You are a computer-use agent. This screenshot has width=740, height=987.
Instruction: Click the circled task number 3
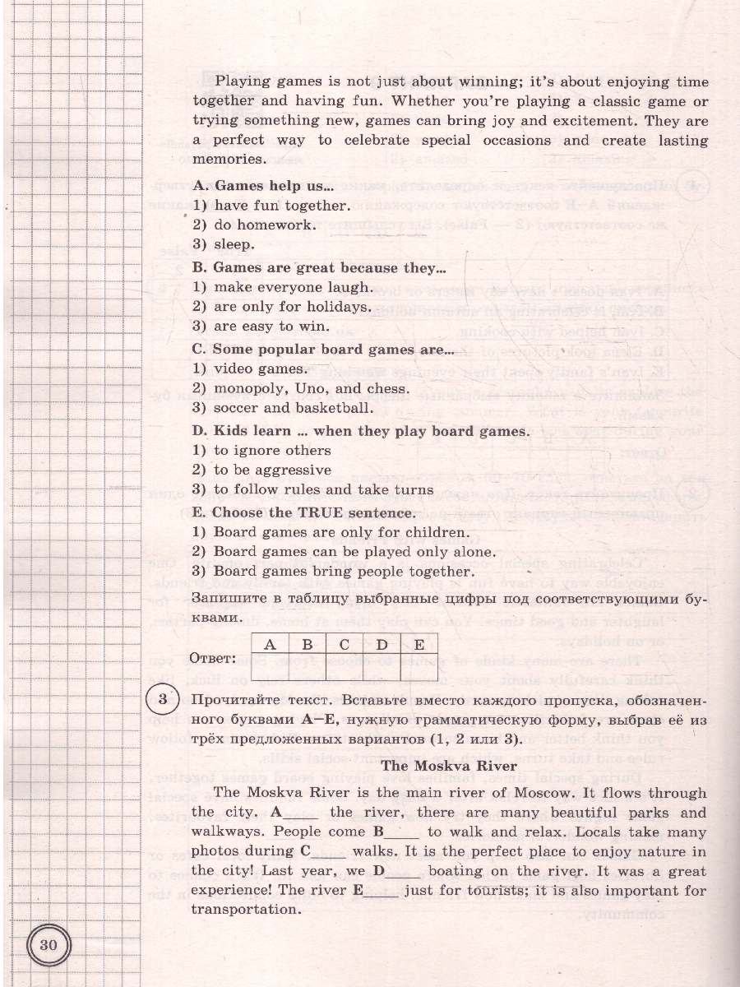tap(163, 700)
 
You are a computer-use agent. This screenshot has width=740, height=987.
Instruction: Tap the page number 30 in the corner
tap(49, 943)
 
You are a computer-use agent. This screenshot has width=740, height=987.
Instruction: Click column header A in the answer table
tap(269, 645)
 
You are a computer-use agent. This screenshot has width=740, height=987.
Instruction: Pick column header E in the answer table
tap(419, 645)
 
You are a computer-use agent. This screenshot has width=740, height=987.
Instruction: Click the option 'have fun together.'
tap(281, 205)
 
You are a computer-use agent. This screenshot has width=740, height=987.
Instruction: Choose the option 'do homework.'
tap(264, 225)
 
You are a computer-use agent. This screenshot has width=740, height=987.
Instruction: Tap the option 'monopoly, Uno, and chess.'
tap(311, 388)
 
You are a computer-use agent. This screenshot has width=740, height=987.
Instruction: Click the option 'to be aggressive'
tap(272, 470)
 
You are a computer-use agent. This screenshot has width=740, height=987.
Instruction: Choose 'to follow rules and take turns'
tap(323, 489)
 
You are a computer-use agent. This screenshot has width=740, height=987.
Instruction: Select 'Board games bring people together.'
tap(344, 572)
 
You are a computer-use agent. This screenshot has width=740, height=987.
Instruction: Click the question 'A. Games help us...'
tap(262, 185)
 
